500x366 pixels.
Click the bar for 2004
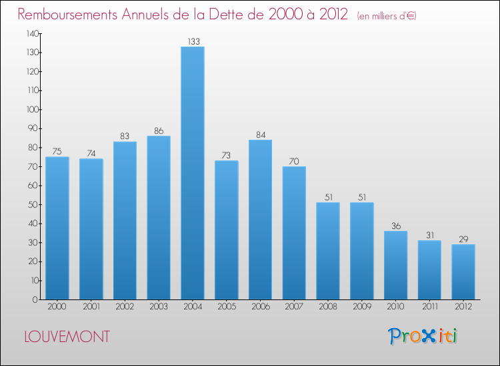pyautogui.click(x=193, y=173)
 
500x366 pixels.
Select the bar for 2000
pyautogui.click(x=57, y=228)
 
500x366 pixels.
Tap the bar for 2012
pyautogui.click(x=463, y=272)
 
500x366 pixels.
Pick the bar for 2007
pyautogui.click(x=294, y=233)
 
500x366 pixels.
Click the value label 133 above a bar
pyautogui.click(x=193, y=41)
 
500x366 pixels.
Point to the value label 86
pyautogui.click(x=159, y=130)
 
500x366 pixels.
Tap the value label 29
pyautogui.click(x=463, y=239)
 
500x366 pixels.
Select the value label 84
pyautogui.click(x=260, y=134)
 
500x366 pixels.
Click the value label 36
pyautogui.click(x=395, y=226)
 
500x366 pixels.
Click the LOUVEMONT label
pyautogui.click(x=67, y=337)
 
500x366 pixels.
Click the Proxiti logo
pyautogui.click(x=423, y=336)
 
